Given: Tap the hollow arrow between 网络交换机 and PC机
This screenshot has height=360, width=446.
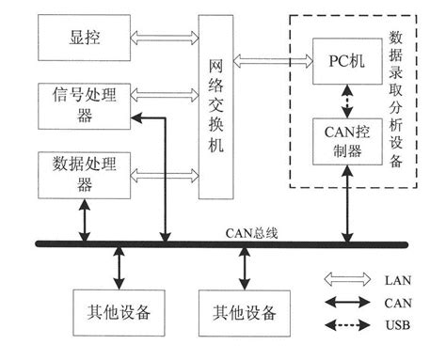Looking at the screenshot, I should pyautogui.click(x=267, y=60).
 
